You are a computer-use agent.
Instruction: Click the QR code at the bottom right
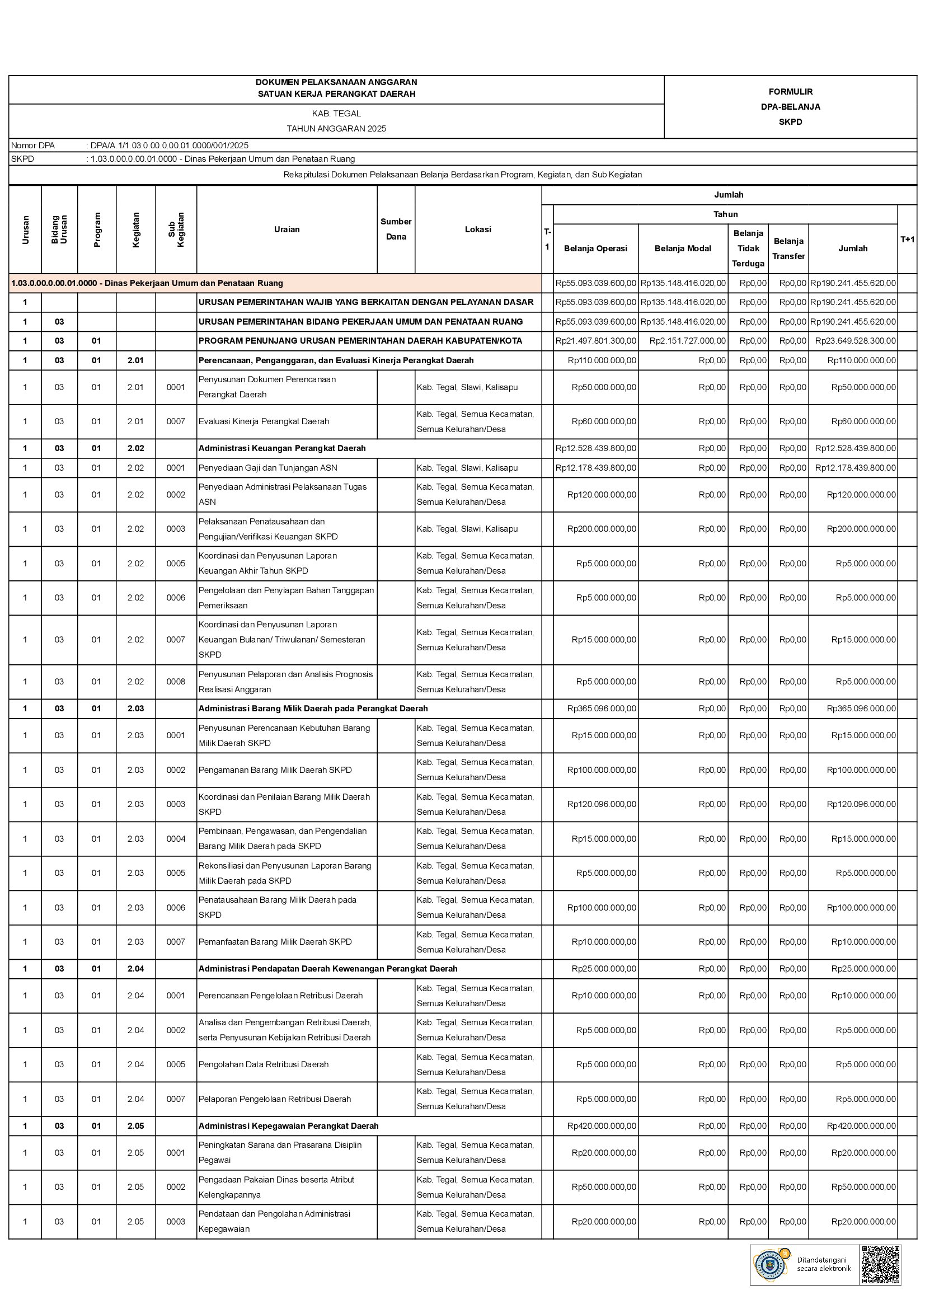(881, 1265)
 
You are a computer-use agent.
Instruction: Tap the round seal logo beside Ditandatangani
(770, 1265)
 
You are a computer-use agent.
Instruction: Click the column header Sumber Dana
(396, 229)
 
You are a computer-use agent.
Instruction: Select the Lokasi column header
(477, 229)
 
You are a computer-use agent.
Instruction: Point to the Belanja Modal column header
(682, 248)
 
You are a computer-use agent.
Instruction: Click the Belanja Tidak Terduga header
(748, 248)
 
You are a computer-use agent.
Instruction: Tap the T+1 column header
(907, 240)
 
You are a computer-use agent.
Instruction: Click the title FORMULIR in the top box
(790, 92)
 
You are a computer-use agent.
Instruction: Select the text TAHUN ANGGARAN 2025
(336, 129)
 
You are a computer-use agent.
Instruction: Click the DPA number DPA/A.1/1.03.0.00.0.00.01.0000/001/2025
(169, 146)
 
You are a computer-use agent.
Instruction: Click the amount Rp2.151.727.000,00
(687, 341)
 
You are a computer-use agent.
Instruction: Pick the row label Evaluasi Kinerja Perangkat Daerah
(264, 421)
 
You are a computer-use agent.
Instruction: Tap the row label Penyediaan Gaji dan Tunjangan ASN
(267, 468)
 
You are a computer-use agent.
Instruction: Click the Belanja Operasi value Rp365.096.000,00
(602, 709)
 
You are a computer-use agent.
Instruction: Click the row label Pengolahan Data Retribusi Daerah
(264, 1064)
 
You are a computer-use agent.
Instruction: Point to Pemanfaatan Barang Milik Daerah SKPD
(275, 942)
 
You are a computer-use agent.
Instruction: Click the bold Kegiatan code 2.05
(135, 1126)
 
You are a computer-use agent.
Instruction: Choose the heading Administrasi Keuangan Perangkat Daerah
(281, 448)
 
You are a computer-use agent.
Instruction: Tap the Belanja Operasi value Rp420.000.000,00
(602, 1126)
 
